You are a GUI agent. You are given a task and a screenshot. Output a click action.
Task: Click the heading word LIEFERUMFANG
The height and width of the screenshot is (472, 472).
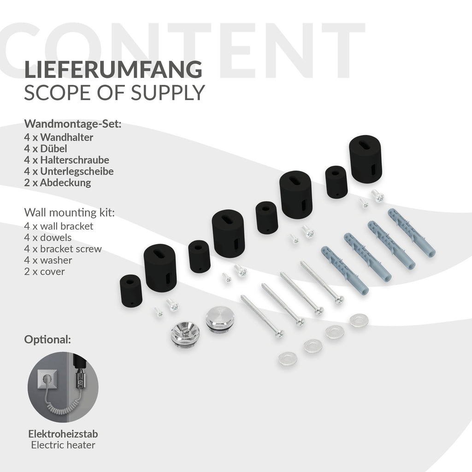(113, 69)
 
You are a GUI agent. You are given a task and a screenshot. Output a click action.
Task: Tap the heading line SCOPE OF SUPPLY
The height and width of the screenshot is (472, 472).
(114, 92)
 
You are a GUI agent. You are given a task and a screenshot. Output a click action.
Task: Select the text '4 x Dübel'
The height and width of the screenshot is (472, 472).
(46, 148)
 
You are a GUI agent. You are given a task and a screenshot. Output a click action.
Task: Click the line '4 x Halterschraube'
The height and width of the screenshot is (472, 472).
(66, 160)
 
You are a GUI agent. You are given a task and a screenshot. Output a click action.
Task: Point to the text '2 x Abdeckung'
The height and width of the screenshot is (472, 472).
(58, 183)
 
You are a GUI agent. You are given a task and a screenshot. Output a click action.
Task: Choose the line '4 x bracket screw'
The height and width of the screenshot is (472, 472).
(63, 248)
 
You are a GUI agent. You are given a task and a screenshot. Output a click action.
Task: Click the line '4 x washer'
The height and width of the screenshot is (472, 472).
(48, 260)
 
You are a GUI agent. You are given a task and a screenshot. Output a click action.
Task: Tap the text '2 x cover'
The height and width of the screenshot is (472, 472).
(44, 271)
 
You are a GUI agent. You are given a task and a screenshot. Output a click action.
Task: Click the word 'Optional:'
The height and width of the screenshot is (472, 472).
(47, 340)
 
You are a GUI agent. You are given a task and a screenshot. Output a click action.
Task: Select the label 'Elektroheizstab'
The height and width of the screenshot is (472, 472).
(63, 434)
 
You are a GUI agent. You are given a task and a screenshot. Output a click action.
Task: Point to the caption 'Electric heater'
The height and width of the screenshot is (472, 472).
(63, 445)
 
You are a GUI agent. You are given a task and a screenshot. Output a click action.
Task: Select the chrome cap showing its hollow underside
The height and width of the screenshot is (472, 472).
(185, 334)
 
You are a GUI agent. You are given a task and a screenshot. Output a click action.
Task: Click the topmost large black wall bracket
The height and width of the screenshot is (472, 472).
(366, 159)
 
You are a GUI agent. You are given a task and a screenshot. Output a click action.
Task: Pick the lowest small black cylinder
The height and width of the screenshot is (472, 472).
(131, 290)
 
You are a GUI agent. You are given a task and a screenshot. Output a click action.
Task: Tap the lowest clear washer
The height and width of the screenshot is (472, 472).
(288, 359)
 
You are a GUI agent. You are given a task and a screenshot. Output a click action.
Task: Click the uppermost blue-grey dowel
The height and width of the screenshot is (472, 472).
(412, 232)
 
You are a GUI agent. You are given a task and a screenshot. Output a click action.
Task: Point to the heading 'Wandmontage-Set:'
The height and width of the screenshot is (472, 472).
(72, 124)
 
